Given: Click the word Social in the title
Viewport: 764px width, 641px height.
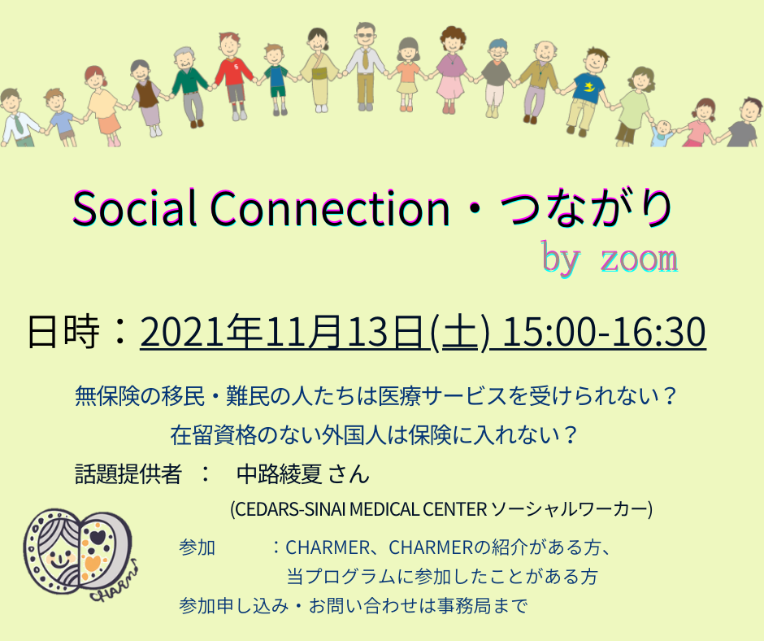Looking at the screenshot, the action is tap(134, 207).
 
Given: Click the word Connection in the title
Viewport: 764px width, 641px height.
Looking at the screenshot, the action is tap(330, 207).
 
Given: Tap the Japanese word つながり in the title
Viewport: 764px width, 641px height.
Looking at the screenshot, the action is tap(587, 208).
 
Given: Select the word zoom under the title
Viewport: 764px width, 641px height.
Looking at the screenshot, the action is tap(639, 259).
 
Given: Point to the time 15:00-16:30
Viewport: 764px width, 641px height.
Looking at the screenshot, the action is tap(603, 332).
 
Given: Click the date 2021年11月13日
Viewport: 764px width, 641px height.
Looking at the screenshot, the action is tap(281, 332).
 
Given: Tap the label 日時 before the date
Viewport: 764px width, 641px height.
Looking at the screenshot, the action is tap(63, 332).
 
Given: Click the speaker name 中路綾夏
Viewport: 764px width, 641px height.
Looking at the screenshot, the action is tap(279, 473).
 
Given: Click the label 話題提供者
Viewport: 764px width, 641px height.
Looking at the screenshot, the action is tap(128, 473).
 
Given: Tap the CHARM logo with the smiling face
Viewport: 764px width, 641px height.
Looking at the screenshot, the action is tap(80, 554).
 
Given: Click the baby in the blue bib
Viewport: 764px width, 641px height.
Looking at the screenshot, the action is tap(662, 133).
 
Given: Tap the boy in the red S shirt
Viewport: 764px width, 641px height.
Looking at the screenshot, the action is tap(235, 76).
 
